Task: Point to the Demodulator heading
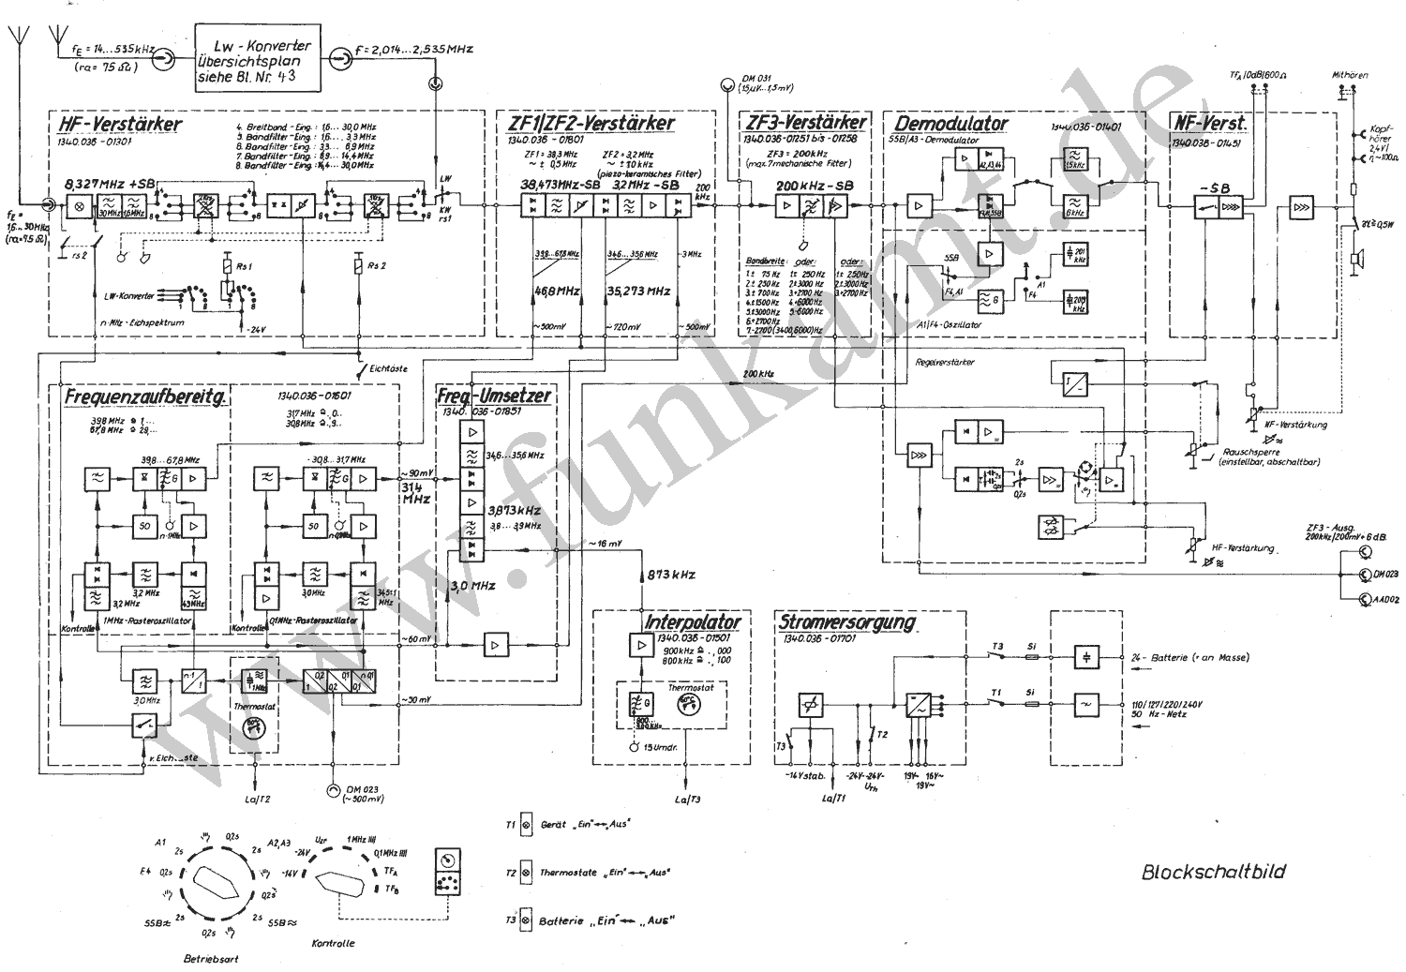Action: (950, 123)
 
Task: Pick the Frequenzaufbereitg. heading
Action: (145, 397)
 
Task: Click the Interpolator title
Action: (693, 621)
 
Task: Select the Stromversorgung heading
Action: (845, 622)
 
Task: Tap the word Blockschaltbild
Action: (1213, 872)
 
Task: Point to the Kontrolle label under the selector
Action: (333, 943)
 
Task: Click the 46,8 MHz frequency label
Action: (558, 292)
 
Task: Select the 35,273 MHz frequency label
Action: (638, 292)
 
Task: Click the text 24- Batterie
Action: (1167, 657)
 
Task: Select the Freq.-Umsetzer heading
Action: (494, 396)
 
